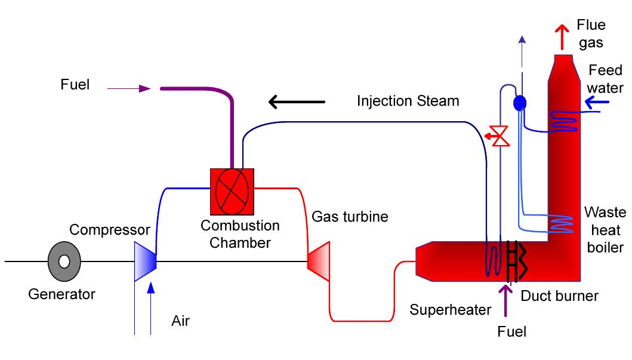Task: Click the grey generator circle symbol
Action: coord(64,261)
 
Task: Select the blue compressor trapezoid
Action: coord(145,261)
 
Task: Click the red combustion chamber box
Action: coord(232,191)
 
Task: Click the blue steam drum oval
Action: coord(519,103)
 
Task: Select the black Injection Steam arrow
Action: coord(297,102)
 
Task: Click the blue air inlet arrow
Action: coord(150,307)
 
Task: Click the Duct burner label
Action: coord(559,295)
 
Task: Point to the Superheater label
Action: coord(450,309)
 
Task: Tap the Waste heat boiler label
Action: coord(605,230)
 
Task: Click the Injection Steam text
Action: coord(408,101)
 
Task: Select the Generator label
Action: coord(61,294)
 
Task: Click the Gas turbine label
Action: coord(350,216)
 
